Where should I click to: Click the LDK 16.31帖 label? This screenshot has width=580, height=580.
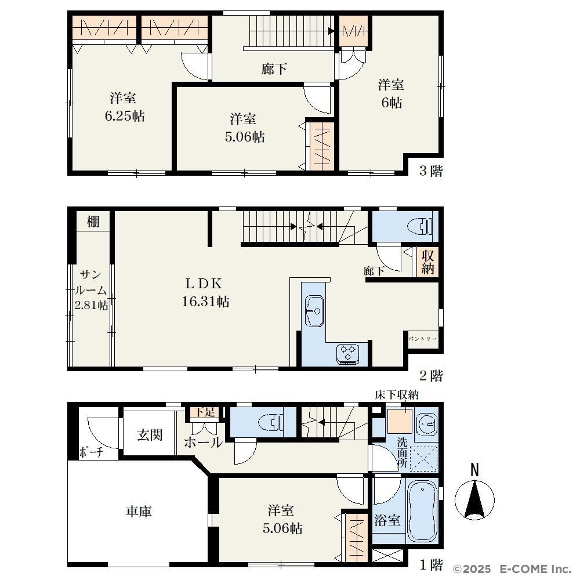[x=205, y=292]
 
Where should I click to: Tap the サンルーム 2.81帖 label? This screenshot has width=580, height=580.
[x=91, y=290]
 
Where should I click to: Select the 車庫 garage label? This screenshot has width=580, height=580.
[x=139, y=511]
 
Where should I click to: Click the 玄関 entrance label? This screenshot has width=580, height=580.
[x=150, y=434]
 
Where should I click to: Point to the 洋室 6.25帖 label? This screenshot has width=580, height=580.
[x=124, y=107]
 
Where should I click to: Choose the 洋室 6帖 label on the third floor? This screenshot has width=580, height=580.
[x=391, y=93]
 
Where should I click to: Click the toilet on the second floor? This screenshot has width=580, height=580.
[x=420, y=226]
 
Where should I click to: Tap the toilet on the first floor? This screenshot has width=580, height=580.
[x=271, y=422]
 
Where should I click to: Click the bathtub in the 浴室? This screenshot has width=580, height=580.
[x=422, y=511]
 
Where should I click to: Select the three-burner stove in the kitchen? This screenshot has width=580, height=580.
[x=347, y=354]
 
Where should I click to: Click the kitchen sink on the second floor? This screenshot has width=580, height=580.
[x=314, y=311]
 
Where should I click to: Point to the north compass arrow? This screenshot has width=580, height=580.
[x=474, y=499]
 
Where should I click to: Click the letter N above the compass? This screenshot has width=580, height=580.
[x=474, y=470]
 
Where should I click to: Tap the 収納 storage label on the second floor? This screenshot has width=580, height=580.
[x=427, y=262]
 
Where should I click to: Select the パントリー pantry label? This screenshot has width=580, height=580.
[x=423, y=339]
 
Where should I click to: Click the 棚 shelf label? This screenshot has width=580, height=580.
[x=93, y=222]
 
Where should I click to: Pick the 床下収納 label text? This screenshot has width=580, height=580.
[x=397, y=395]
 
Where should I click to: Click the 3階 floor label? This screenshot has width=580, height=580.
[x=431, y=171]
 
